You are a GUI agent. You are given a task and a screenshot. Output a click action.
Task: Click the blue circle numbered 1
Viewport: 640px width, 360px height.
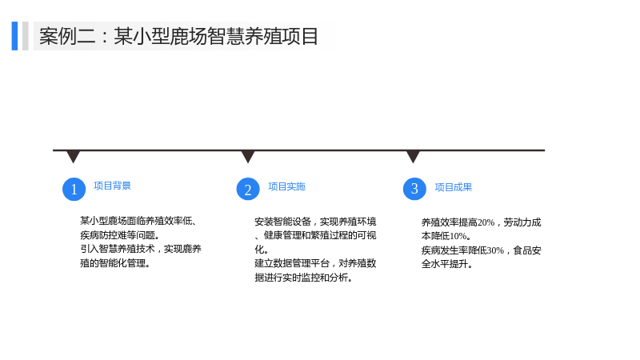74,189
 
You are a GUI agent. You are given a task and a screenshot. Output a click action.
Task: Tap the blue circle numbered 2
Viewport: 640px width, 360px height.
248,189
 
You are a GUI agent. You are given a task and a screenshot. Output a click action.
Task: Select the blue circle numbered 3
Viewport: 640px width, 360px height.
414,189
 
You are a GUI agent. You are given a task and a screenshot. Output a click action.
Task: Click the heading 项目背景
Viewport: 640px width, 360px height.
112,186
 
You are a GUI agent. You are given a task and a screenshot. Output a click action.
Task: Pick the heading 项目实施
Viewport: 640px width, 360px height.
286,186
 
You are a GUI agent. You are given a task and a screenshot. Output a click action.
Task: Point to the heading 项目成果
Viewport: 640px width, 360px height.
453,187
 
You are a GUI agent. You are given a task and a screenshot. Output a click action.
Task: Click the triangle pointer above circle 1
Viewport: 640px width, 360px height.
73,156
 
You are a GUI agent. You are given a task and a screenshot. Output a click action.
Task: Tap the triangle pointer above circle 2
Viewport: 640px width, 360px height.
248,156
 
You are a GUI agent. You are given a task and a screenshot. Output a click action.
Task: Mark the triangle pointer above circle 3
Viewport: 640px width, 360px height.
413,156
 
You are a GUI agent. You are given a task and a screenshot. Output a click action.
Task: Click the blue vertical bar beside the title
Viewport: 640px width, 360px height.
14,36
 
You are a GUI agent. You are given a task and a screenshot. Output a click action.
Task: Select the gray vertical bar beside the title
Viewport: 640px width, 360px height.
26,36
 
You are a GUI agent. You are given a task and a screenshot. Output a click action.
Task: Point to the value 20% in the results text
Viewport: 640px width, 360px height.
486,222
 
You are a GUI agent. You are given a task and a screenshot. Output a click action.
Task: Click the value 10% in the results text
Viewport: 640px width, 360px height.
458,236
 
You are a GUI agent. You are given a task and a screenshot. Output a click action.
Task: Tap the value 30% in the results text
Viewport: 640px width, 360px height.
495,250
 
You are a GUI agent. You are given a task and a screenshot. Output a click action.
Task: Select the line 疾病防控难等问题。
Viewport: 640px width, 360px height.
120,235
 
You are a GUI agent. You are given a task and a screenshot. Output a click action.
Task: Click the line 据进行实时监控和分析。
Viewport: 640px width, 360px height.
304,278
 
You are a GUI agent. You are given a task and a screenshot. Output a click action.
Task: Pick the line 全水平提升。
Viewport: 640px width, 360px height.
447,264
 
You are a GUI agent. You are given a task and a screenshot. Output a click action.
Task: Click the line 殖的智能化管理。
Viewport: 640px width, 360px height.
115,263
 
